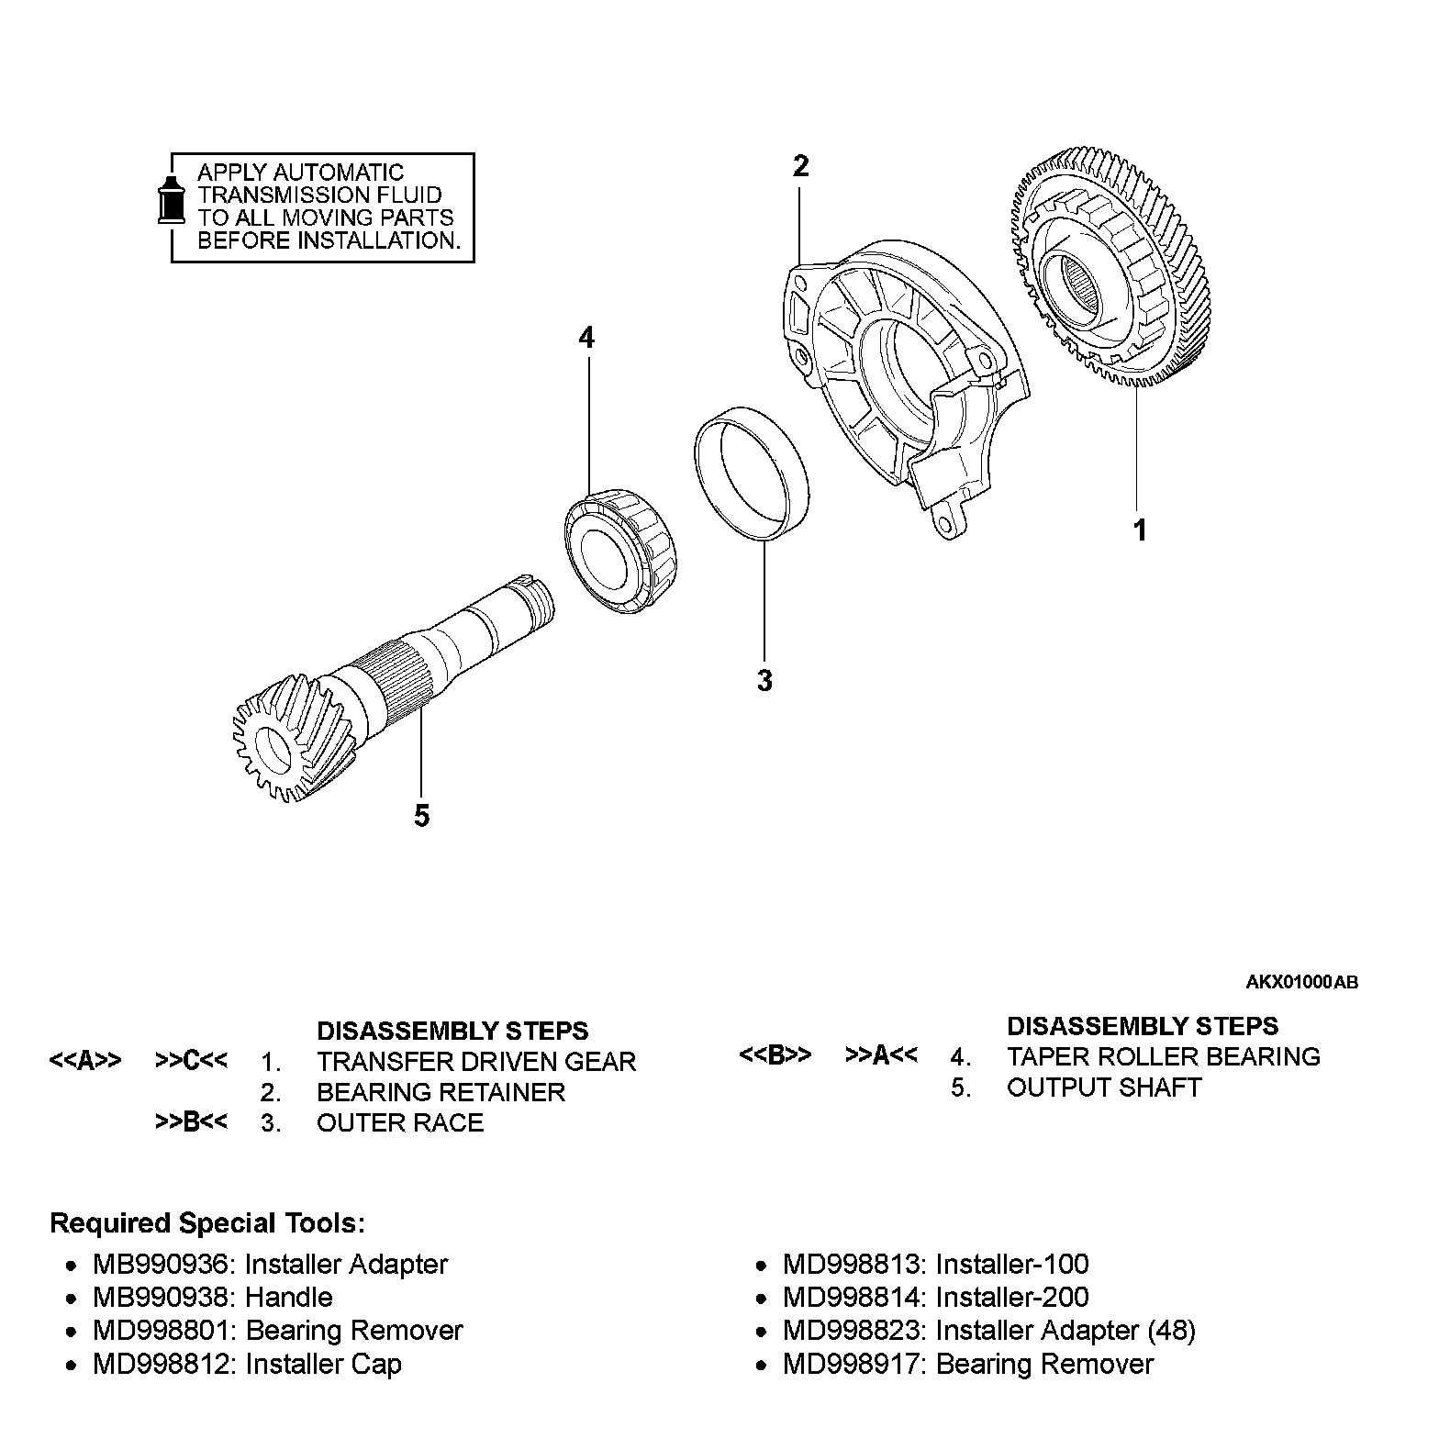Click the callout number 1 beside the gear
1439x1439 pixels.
[x=1140, y=530]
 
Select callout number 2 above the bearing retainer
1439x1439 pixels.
[x=801, y=167]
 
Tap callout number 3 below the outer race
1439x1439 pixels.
[x=764, y=682]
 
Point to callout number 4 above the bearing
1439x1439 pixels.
[x=586, y=339]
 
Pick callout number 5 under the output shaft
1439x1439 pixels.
[x=421, y=815]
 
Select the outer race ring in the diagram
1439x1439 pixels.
[x=752, y=477]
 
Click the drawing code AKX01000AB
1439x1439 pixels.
[x=1301, y=982]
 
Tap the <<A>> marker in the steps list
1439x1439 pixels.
[x=84, y=1062]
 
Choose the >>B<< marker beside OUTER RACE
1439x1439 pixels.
[x=191, y=1122]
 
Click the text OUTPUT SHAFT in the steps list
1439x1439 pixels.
[x=1103, y=1088]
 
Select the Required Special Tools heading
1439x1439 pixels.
[x=207, y=1223]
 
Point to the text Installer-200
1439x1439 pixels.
[x=1011, y=1297]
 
